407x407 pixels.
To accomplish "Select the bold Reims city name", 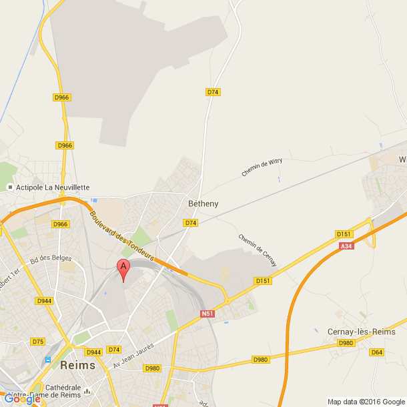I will tap(77, 366).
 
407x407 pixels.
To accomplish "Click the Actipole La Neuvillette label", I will tap(52, 187).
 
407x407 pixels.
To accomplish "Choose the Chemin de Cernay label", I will tap(257, 250).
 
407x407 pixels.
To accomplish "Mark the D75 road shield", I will tap(37, 342).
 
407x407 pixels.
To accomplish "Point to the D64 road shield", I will tap(377, 352).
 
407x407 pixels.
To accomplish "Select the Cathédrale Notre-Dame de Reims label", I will tap(63, 392).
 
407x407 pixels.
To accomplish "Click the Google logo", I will tap(23, 399).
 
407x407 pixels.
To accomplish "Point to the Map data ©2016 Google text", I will tap(366, 402).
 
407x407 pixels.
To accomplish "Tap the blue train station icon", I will tap(47, 360).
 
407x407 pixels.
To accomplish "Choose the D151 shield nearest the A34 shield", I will tap(344, 234).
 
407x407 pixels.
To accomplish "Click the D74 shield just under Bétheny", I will tap(191, 223).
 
